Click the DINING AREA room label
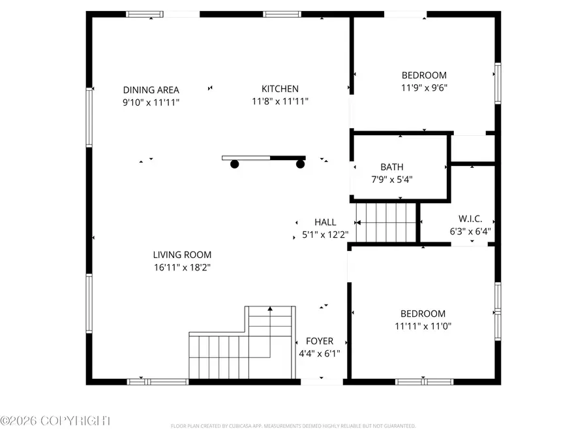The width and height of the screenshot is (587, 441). tap(151, 90)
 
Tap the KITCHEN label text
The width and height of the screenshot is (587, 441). tap(280, 89)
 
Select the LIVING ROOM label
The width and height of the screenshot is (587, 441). tap(182, 255)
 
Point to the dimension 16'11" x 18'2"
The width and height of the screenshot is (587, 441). tap(182, 267)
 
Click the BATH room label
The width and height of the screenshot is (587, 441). tap(392, 167)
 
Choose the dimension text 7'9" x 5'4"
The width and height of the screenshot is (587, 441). tap(392, 179)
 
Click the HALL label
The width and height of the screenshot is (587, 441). tap(325, 223)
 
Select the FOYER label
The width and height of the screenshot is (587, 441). tap(319, 341)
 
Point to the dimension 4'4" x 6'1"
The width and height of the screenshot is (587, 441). tap(319, 353)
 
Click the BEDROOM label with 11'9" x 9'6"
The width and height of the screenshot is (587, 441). tap(424, 75)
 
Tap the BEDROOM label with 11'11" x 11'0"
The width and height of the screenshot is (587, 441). tap(423, 314)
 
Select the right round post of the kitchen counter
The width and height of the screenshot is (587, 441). tap(300, 165)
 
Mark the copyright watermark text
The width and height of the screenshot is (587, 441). tap(55, 421)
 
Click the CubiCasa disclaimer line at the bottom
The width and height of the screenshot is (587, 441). tap(293, 426)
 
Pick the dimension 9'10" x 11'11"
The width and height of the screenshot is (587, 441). tap(151, 102)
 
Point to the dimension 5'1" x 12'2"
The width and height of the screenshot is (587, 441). tap(325, 235)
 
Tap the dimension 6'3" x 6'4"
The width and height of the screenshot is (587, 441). tap(470, 231)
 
